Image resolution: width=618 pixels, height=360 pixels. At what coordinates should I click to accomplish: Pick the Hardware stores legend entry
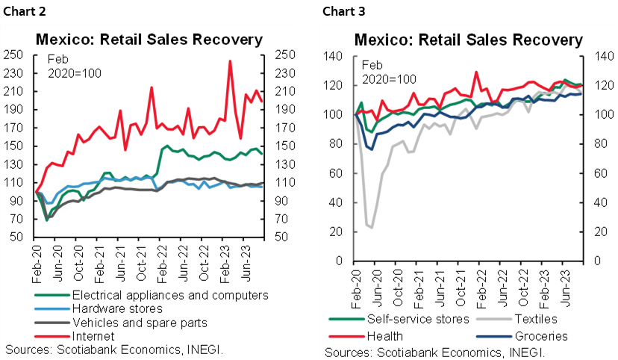point(116,308)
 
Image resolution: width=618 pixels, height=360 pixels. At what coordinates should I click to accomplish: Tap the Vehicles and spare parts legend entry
point(140,323)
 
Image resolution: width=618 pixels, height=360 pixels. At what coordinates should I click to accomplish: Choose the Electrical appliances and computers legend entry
point(170,295)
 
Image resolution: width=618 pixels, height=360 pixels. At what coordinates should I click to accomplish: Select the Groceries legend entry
point(542,336)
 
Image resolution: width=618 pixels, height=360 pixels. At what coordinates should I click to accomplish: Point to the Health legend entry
point(387,336)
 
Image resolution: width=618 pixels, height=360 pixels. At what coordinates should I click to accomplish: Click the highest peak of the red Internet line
point(230,61)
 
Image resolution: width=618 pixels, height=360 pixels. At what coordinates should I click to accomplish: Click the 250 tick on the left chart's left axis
point(15,55)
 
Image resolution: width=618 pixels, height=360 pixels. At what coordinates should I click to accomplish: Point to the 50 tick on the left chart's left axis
point(18,238)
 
